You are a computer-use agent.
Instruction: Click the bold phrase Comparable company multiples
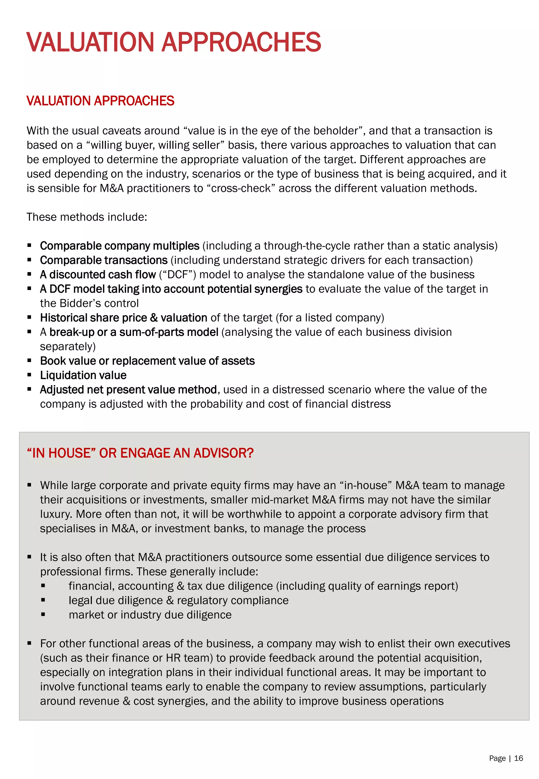click(119, 246)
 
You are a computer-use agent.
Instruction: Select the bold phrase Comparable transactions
click(104, 260)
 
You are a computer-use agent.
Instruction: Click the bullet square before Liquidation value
click(29, 375)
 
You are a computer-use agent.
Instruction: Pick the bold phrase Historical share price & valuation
click(123, 318)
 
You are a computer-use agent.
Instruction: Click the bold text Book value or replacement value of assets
click(147, 361)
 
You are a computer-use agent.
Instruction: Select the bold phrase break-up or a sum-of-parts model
click(134, 332)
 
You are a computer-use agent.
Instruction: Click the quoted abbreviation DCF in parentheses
click(177, 275)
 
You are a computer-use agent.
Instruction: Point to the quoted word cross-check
click(241, 188)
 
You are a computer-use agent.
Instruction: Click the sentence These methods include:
click(87, 217)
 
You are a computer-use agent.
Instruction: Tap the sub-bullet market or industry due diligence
click(150, 614)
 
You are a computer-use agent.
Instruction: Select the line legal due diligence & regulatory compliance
click(179, 600)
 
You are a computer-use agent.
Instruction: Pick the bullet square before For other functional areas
click(29, 643)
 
